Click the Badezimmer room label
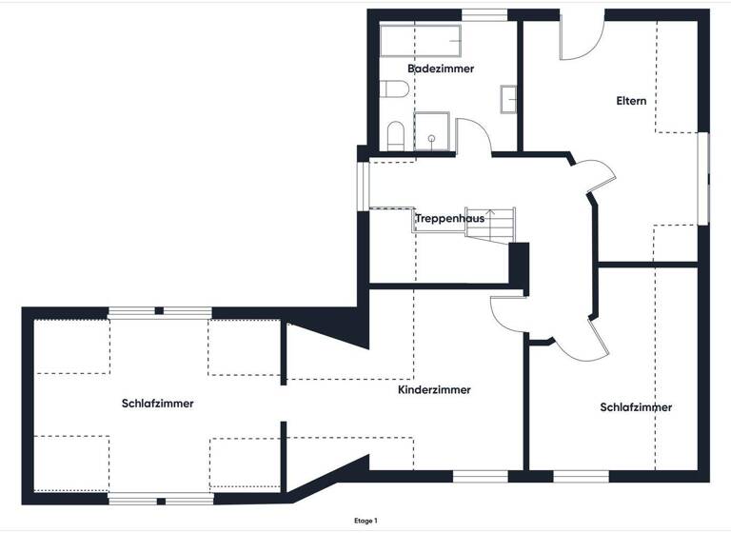441,69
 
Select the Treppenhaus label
449,218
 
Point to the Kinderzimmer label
434,389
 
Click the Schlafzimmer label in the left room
158,403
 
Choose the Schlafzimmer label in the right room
636,407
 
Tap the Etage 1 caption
365,521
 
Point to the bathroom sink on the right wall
509,98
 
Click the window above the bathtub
484,13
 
